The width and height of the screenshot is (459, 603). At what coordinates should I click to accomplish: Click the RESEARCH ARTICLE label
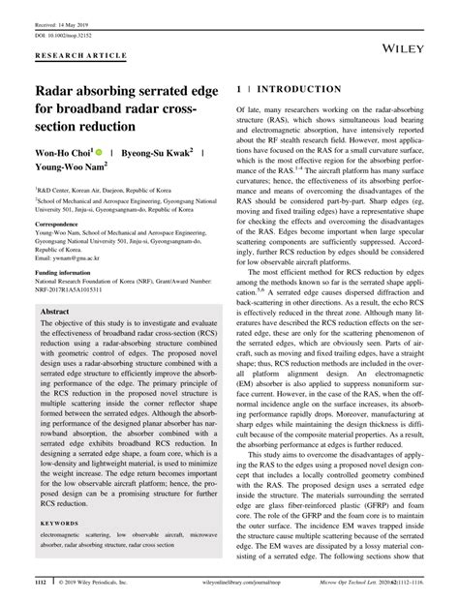point(73,56)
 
